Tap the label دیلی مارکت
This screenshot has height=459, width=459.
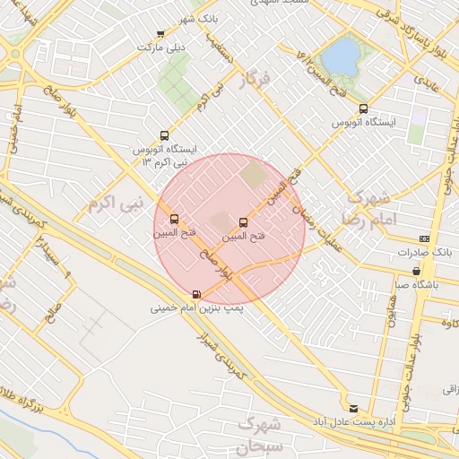[160, 46]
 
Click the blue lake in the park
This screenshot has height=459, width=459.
[340, 56]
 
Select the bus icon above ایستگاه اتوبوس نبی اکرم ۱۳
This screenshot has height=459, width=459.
[163, 135]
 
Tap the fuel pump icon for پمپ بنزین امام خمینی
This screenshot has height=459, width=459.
[196, 294]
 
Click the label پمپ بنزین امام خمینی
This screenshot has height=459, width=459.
[195, 307]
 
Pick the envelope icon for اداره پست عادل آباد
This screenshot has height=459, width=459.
[352, 408]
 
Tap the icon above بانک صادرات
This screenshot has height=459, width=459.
[423, 238]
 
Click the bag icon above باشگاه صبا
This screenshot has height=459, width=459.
[416, 271]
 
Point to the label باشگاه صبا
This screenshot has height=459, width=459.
[415, 284]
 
